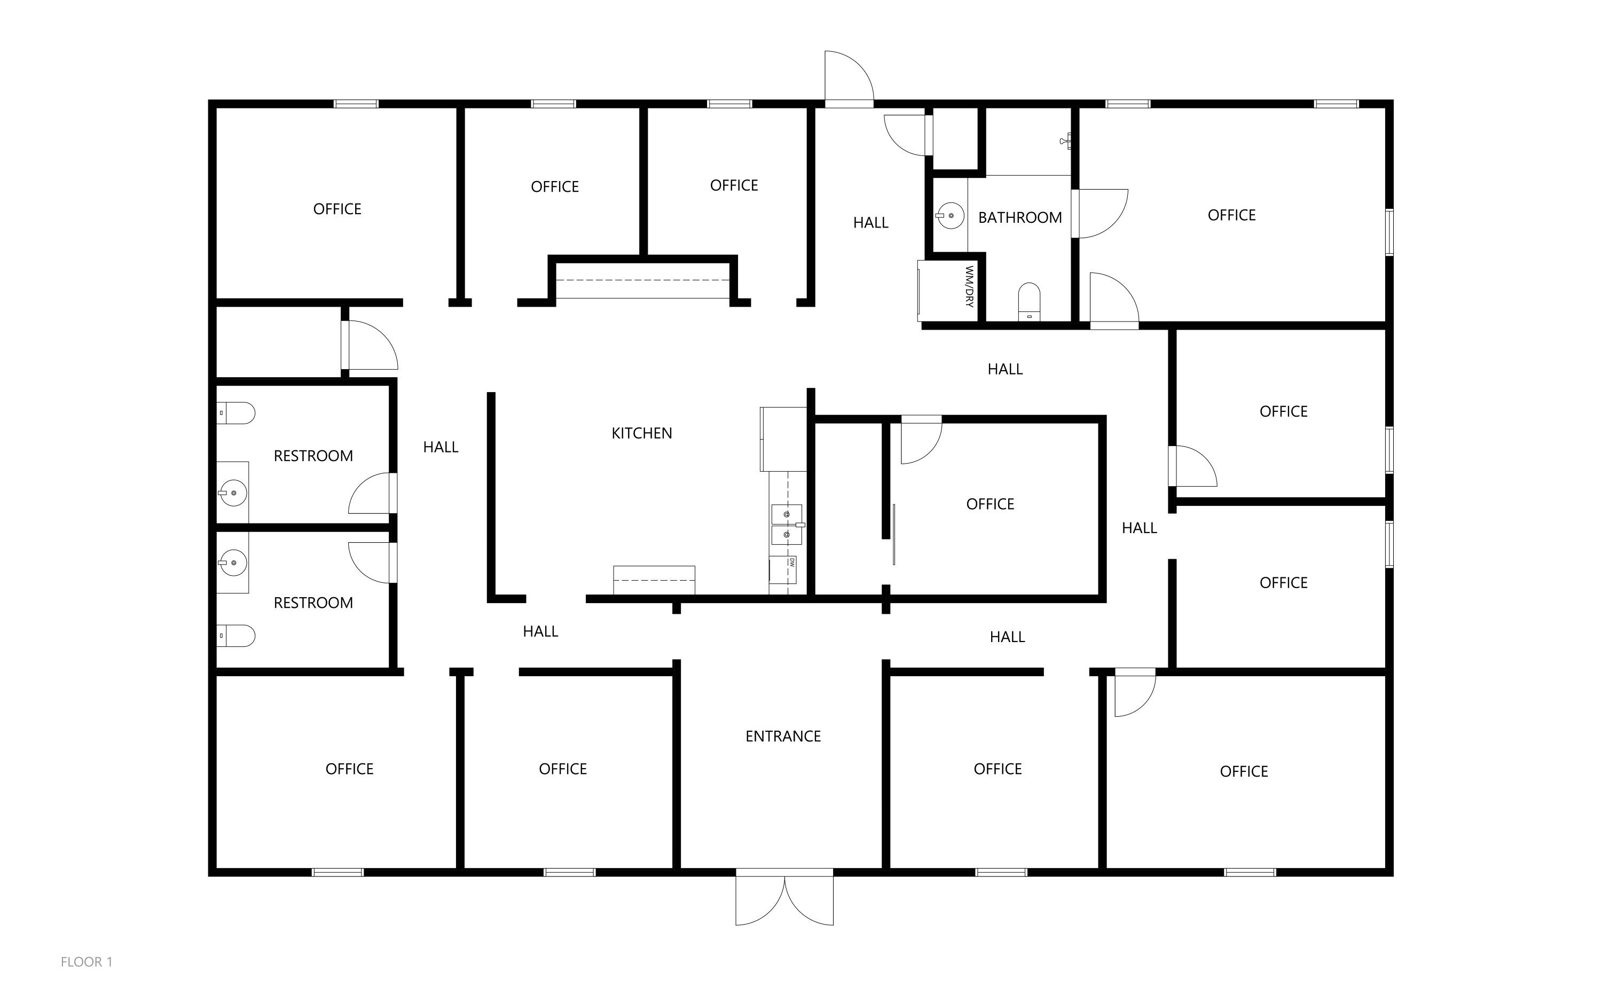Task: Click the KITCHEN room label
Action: tap(641, 433)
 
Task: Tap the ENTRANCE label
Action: tap(783, 736)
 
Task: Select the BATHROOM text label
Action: tap(1020, 217)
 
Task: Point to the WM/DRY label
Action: tap(969, 287)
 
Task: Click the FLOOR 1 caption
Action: tap(87, 962)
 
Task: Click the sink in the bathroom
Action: tap(949, 215)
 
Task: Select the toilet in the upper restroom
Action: tap(236, 413)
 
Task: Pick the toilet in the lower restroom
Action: tap(236, 636)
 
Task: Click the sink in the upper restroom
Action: tap(232, 492)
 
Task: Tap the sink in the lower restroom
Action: tap(232, 563)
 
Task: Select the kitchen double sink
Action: tap(787, 525)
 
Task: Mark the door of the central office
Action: tap(921, 440)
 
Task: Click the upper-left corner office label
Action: tap(337, 209)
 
